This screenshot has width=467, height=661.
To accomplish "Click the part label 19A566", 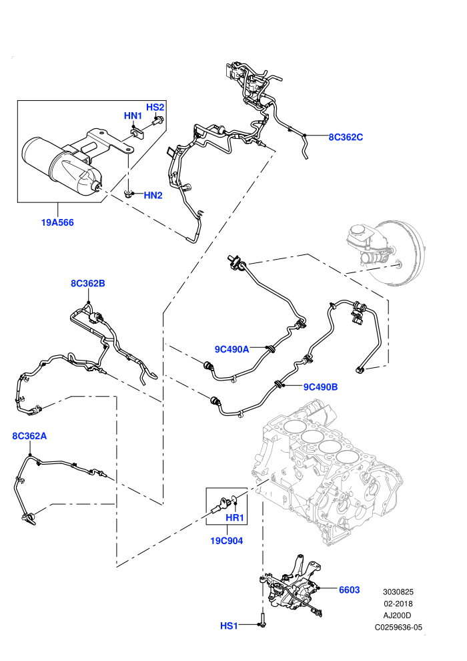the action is click(57, 222).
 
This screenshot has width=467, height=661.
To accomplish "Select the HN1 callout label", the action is click(133, 116).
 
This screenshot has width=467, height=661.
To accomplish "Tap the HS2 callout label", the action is click(155, 107).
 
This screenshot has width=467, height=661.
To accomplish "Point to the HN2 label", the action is click(153, 195).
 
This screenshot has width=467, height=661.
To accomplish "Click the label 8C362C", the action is click(346, 137).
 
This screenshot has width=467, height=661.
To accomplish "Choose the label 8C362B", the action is click(88, 283).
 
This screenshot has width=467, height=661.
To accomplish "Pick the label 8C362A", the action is click(29, 436).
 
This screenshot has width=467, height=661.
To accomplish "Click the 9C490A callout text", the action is click(232, 349).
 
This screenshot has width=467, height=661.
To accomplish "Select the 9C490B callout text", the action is click(320, 387).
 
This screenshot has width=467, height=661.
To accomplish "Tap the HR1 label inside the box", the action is click(235, 517).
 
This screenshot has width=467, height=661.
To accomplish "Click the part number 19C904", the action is click(227, 540).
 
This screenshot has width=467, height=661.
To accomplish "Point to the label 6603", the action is click(350, 590).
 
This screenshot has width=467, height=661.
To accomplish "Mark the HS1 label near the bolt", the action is click(229, 626).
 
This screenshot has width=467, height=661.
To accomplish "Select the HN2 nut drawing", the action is click(127, 194).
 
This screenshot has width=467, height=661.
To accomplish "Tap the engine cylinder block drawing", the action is click(328, 472).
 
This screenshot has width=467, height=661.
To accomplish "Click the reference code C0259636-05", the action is click(398, 627).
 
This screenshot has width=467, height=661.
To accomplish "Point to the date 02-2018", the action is click(398, 604).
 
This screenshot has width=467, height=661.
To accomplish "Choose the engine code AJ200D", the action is click(398, 616).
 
